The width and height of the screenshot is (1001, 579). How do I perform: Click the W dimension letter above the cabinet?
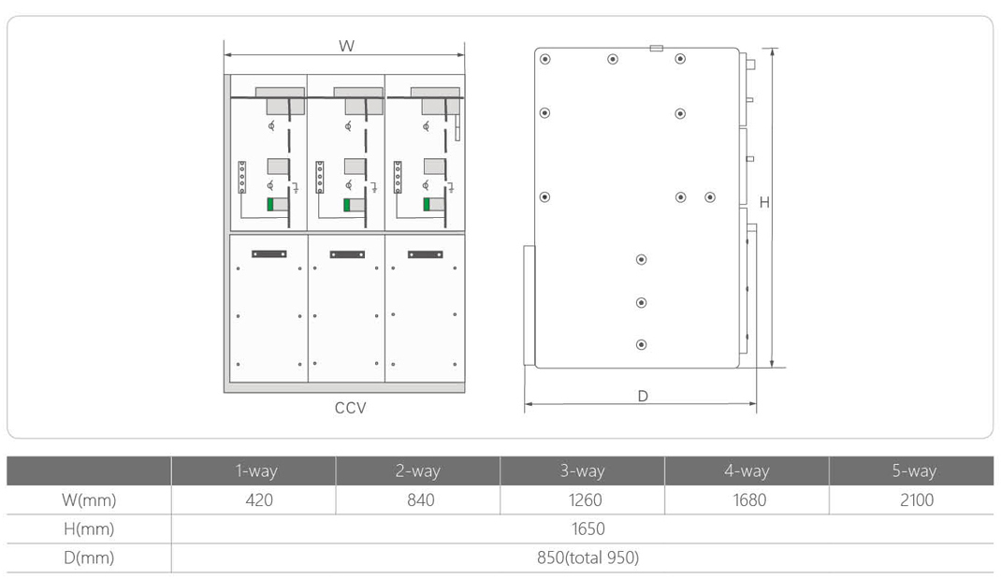[346, 46]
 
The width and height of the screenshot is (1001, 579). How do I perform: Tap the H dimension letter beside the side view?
[764, 202]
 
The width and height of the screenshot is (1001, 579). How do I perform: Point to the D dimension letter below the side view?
[643, 396]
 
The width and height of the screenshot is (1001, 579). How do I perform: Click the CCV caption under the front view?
[351, 408]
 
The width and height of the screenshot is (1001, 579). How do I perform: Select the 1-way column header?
[256, 471]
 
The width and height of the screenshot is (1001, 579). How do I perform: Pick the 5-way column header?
[914, 471]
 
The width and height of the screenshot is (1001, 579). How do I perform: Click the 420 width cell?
[259, 499]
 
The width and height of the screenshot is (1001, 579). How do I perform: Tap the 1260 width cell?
[585, 499]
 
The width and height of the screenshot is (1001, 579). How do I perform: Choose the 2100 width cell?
[917, 499]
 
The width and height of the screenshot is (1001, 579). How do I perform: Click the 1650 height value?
[588, 528]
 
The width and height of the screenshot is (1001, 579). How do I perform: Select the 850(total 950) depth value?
[588, 557]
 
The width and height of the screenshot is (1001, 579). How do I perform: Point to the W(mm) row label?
[89, 499]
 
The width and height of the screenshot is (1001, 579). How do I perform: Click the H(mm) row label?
[89, 528]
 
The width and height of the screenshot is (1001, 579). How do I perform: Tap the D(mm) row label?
[89, 557]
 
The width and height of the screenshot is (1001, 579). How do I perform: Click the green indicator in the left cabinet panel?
[270, 204]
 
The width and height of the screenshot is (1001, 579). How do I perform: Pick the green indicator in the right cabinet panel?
[427, 204]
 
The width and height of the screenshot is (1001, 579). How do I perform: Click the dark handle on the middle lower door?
[347, 254]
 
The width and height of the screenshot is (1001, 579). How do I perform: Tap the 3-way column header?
[582, 471]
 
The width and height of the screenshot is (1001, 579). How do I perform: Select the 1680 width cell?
[748, 499]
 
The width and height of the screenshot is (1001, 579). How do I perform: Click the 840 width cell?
[421, 499]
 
